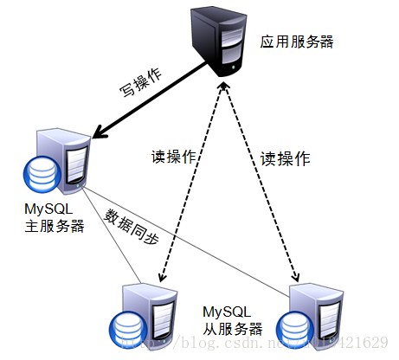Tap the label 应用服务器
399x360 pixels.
[x=297, y=41]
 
